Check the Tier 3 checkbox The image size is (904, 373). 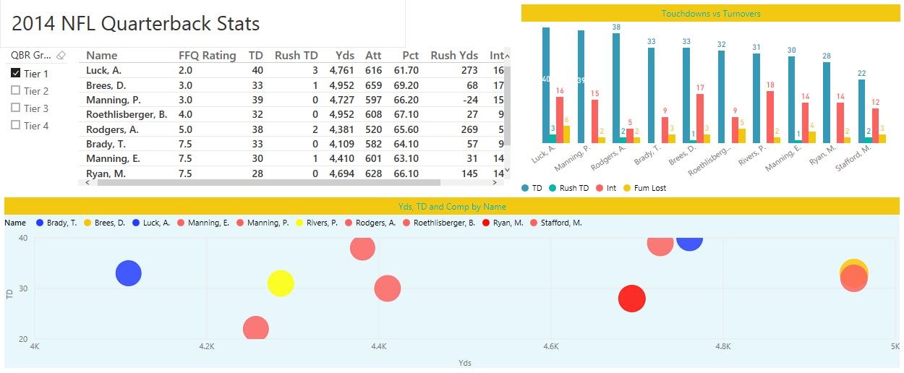16,108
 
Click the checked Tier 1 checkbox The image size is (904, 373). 16,74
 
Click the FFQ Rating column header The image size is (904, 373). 207,56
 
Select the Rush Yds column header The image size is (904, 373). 454,56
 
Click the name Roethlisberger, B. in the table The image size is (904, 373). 127,115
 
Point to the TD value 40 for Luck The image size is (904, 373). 256,71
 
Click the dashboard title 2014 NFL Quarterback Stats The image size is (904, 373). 135,23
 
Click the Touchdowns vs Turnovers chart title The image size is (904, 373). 711,13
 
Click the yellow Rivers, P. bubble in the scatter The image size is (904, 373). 281,283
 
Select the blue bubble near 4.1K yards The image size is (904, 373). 129,273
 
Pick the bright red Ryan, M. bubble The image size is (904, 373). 631,299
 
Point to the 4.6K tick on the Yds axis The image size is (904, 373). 551,347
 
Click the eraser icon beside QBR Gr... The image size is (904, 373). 61,56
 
